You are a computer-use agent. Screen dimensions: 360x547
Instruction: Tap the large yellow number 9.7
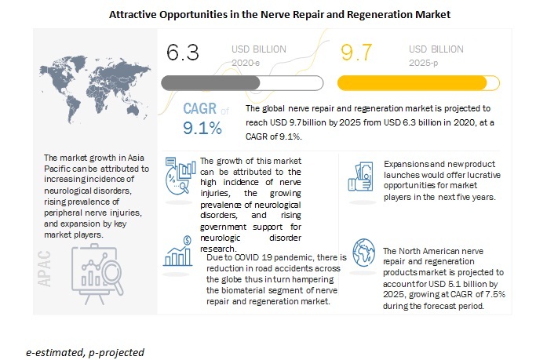point(358,53)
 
